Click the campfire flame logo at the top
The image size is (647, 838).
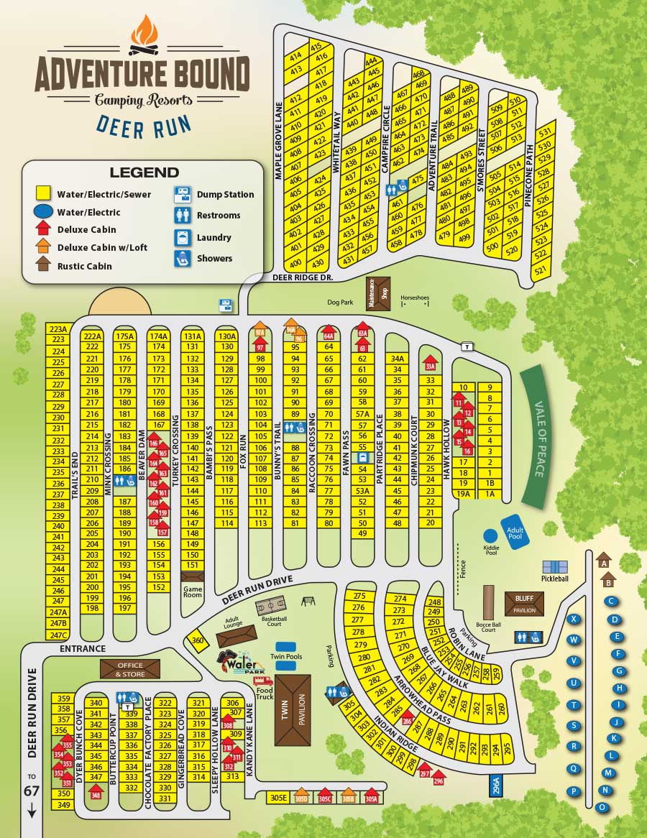tap(144, 34)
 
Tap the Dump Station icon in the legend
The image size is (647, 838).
tap(183, 194)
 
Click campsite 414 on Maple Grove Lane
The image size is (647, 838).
tap(295, 57)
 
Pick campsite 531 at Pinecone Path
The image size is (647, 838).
tap(544, 132)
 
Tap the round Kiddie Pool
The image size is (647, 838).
tap(490, 536)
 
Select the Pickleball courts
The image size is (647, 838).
tap(555, 567)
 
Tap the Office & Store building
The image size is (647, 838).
tap(130, 669)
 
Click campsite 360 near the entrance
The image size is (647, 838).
tap(197, 640)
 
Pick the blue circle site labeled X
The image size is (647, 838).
tap(574, 620)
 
